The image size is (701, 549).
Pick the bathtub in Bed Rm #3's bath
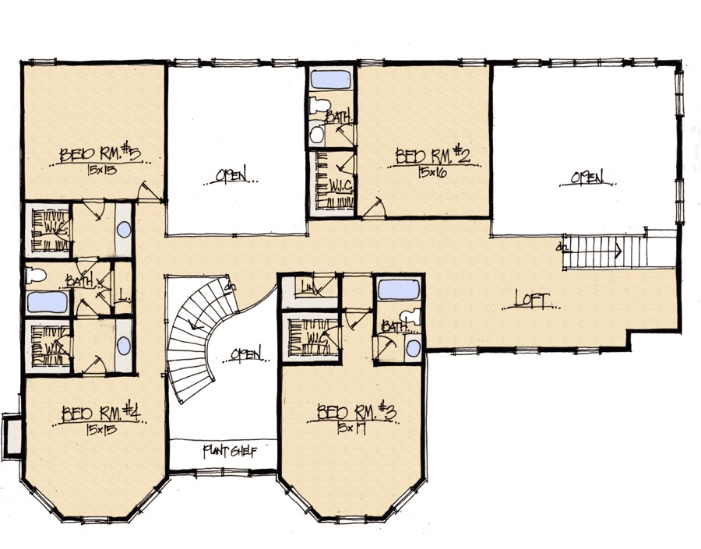pyautogui.click(x=397, y=290)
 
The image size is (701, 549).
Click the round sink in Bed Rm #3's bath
pyautogui.click(x=414, y=347)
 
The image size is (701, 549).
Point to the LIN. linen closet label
pyautogui.click(x=309, y=289)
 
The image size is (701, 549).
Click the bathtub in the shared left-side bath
pyautogui.click(x=48, y=302)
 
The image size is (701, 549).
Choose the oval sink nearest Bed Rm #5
pyautogui.click(x=125, y=230)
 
